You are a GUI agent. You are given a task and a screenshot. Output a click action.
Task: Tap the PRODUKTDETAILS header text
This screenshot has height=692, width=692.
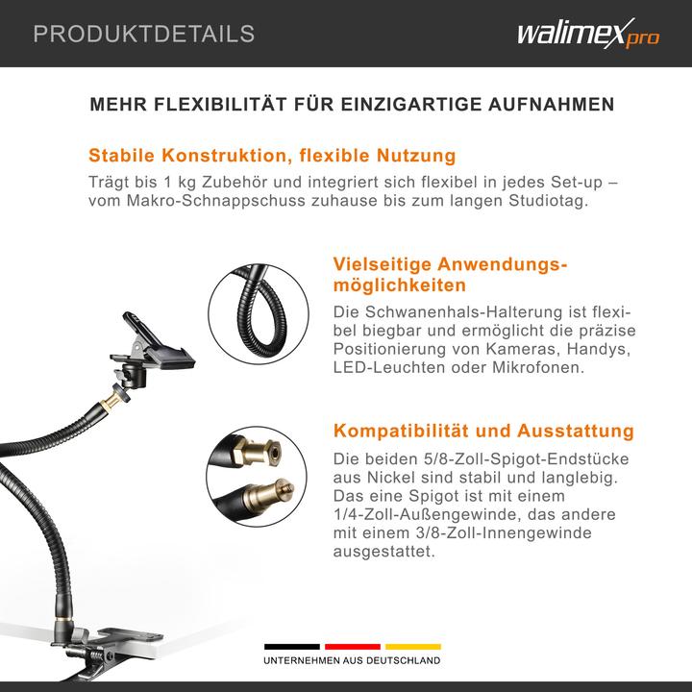(x=144, y=35)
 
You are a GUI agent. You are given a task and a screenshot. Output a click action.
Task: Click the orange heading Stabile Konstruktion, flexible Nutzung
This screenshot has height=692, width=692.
(x=272, y=156)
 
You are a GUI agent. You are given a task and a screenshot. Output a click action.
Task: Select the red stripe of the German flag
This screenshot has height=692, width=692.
(x=352, y=646)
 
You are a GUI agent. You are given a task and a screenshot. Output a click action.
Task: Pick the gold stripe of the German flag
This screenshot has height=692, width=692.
(x=413, y=646)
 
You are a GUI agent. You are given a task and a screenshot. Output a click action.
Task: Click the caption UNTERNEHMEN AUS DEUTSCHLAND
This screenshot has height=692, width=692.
(x=352, y=661)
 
